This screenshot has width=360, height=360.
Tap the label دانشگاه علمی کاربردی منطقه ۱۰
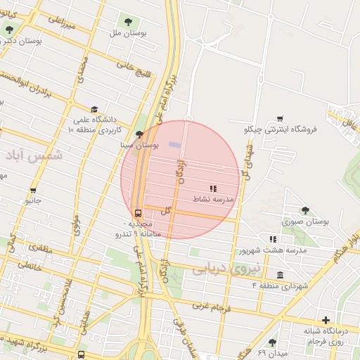97,125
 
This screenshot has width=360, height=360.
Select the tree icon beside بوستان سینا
139,133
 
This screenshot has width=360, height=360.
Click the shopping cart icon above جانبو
32,190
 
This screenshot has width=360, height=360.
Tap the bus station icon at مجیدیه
138,213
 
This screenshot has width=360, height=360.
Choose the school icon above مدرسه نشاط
213,188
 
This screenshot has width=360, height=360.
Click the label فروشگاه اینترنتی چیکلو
281,129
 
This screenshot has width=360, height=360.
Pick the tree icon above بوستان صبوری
305,210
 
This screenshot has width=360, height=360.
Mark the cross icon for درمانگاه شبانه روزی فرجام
326,320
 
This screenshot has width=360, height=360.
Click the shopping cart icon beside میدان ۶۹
272,342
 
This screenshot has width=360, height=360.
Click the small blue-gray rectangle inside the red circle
174,145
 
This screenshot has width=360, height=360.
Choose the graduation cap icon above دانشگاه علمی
94,109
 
